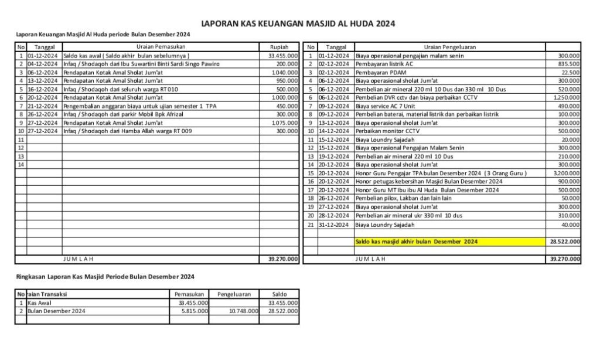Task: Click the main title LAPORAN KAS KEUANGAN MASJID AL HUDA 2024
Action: [298, 24]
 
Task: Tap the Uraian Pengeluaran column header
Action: [449, 46]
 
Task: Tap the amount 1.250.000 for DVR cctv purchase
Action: [567, 97]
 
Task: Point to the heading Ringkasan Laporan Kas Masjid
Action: [104, 276]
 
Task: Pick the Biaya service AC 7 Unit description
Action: [386, 106]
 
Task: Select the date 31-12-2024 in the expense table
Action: [335, 225]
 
